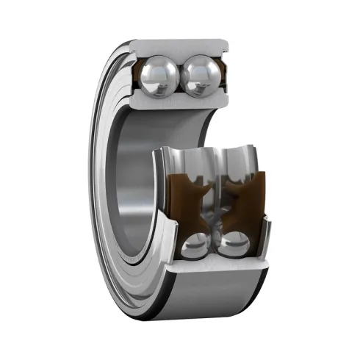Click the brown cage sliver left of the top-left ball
click(x=139, y=74)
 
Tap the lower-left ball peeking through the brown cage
click(x=195, y=246)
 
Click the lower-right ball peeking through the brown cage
click(x=234, y=246)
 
